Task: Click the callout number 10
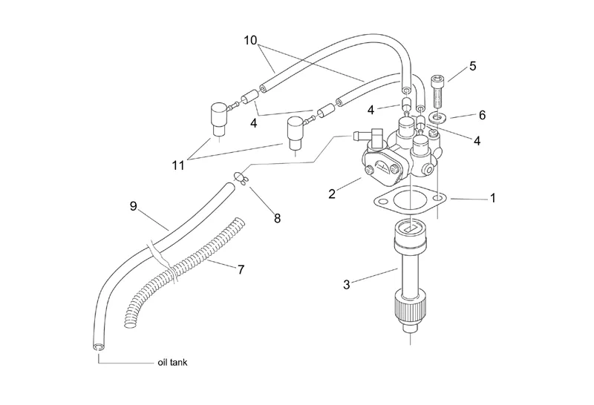(x=250, y=40)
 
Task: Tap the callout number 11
(x=178, y=165)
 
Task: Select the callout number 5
(x=472, y=66)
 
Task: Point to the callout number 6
(x=482, y=115)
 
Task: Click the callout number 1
(x=493, y=198)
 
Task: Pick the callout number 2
(x=332, y=194)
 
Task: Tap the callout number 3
(x=346, y=285)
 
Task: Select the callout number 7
(x=241, y=269)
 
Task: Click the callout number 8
(x=277, y=218)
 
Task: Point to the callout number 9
(x=133, y=206)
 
